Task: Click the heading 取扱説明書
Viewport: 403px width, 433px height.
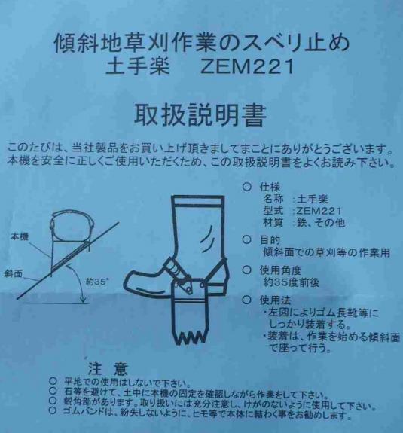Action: [200, 115]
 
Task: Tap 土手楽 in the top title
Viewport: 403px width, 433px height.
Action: [137, 66]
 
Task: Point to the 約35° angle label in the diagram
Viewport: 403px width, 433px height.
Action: [97, 282]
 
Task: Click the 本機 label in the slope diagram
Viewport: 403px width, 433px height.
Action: [20, 236]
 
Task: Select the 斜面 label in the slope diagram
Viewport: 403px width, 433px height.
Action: [13, 273]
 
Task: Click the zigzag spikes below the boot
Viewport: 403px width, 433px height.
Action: [189, 337]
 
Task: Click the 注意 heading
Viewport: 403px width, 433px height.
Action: [108, 369]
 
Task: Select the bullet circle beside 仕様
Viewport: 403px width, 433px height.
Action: [246, 188]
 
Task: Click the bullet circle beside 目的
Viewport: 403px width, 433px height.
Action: [246, 239]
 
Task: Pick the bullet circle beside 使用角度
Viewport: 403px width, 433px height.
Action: [246, 270]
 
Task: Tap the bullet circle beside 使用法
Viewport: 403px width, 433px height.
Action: [246, 300]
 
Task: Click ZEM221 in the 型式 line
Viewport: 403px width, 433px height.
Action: [319, 211]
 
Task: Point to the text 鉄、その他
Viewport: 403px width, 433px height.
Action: [321, 223]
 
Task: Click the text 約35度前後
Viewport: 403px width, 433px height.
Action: [292, 282]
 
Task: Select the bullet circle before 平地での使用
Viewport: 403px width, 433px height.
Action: [53, 382]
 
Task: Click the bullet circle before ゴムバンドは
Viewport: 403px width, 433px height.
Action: [53, 411]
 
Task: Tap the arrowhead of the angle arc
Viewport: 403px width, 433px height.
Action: [83, 300]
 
